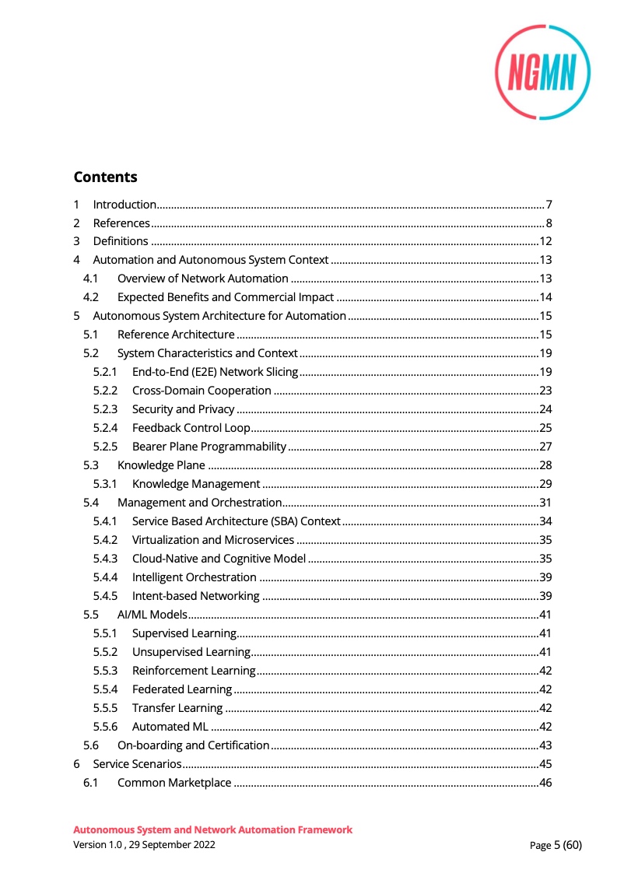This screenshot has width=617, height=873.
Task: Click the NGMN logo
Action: pos(542,72)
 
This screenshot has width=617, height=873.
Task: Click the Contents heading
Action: pos(105,177)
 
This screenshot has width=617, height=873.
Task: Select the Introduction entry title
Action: pos(124,205)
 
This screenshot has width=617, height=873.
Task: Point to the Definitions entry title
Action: pos(121,241)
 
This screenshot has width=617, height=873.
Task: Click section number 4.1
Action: pos(90,279)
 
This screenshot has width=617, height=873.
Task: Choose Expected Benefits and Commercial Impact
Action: pos(226,297)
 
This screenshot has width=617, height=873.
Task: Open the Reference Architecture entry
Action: pos(176,335)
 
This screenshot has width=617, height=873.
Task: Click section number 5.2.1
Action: pos(105,372)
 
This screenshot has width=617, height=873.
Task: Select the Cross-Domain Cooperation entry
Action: pos(202,391)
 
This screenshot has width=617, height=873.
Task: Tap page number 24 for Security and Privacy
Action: pos(545,409)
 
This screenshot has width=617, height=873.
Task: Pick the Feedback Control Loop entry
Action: pos(191,428)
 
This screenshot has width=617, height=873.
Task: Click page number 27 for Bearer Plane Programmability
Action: pos(545,447)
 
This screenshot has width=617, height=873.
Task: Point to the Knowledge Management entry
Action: pos(196,484)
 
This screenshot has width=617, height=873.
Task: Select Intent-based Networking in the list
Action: pos(196,596)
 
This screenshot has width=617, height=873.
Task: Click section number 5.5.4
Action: pos(105,689)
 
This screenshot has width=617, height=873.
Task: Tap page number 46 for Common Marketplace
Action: pos(545,783)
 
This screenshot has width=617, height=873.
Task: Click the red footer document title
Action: pos(212,830)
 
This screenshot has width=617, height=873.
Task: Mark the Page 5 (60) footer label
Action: pos(556,845)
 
